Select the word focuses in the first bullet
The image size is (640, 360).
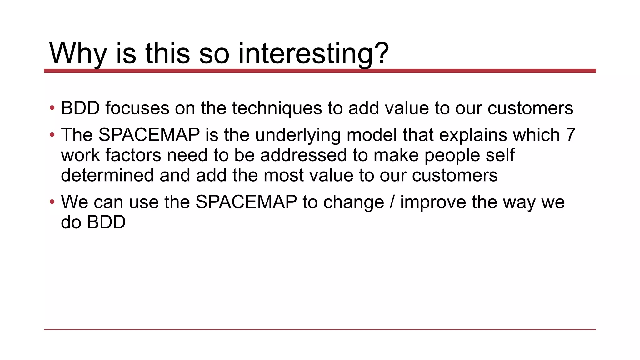click(137, 108)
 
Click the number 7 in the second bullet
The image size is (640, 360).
click(570, 135)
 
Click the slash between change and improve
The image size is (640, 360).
click(392, 202)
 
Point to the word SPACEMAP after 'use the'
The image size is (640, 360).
click(246, 202)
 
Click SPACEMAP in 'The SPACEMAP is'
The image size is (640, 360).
click(149, 135)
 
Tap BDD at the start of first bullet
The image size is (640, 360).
click(80, 108)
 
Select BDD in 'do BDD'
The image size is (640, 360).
click(106, 222)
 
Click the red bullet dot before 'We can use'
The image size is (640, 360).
click(52, 202)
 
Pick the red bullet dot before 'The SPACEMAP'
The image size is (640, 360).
click(52, 135)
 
